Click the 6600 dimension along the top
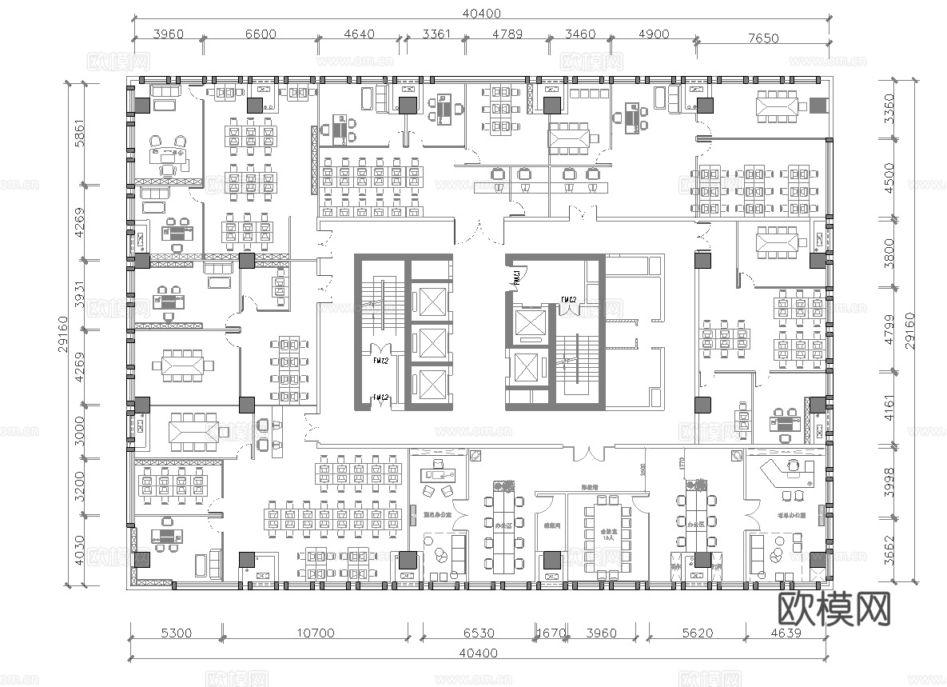(261, 34)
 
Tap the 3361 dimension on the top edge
(436, 34)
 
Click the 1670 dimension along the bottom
(550, 633)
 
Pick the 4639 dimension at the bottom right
(782, 633)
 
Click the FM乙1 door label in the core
(517, 277)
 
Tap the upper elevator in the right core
(529, 322)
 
